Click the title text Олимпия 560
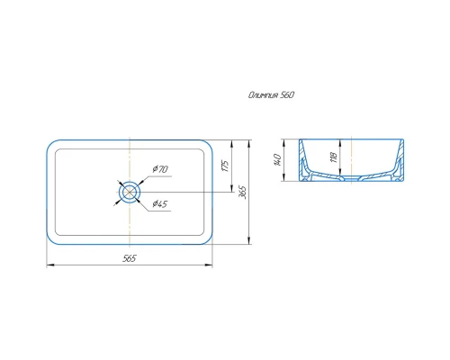point(271,95)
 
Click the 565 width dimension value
point(130,258)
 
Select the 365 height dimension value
point(242,193)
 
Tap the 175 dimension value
point(225,166)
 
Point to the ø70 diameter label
point(160,169)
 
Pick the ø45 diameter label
point(160,204)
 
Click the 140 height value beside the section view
point(277,160)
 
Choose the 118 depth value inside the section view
point(334,157)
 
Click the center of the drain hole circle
point(130,192)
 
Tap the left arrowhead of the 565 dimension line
point(49,265)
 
